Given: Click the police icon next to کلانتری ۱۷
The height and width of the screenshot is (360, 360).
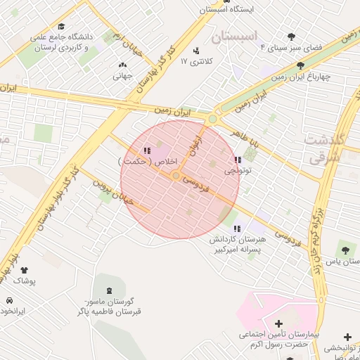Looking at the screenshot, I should [x=195, y=51].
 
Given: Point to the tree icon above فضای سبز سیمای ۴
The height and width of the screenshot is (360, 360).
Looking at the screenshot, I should [x=291, y=37].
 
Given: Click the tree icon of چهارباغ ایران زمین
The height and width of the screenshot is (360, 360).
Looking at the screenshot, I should [x=301, y=65].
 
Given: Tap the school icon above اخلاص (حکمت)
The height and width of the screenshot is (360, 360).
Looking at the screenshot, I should [x=146, y=150].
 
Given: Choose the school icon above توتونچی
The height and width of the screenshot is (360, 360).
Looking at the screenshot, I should [x=237, y=160].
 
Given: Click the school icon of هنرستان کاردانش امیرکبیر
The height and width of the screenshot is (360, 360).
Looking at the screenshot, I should [x=237, y=229].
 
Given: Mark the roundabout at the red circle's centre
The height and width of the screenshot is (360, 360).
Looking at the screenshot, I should [x=176, y=176].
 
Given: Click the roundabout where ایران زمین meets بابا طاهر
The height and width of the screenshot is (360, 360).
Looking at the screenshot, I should [x=212, y=119].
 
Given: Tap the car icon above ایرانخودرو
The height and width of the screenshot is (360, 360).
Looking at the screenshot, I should [x=9, y=300].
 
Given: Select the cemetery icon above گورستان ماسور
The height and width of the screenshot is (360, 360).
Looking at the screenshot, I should [x=108, y=290].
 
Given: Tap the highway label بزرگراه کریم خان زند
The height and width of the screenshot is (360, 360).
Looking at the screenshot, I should [x=319, y=243].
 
